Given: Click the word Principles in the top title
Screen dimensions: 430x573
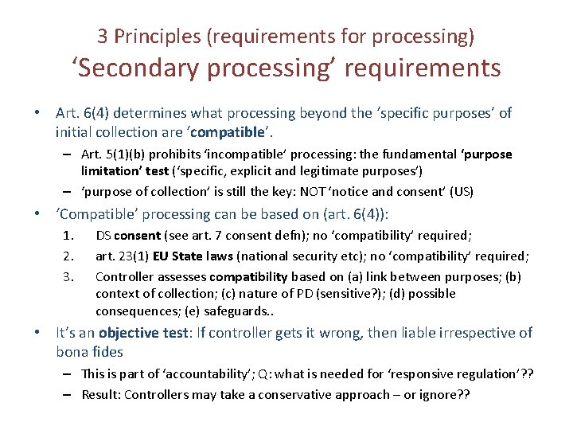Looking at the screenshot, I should pos(158,36).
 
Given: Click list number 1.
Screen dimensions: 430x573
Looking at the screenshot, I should pos(68,235).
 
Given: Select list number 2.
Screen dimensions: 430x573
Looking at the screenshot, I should pos(68,255).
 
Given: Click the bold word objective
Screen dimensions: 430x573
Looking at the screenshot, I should pos(131,333).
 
